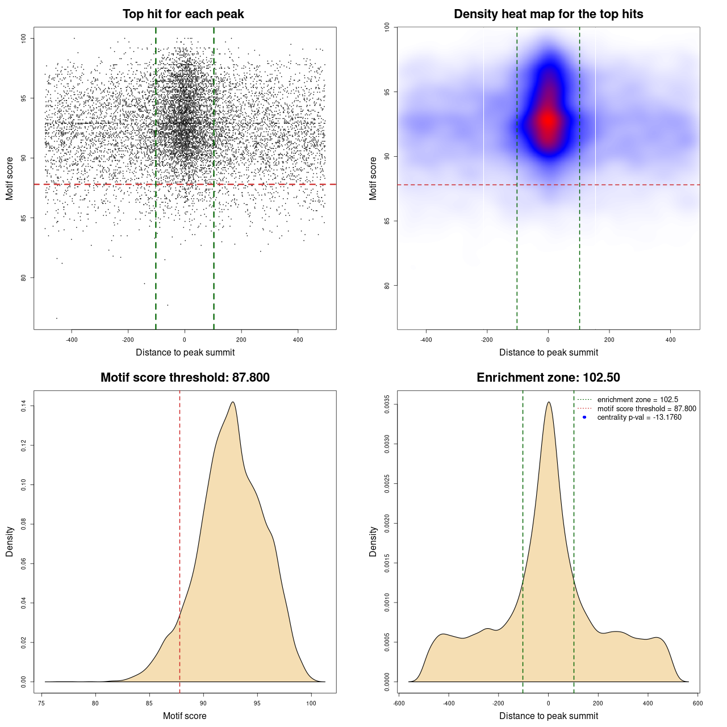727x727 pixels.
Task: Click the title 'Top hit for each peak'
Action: point(183,14)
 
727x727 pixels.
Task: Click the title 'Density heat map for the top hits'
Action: point(548,14)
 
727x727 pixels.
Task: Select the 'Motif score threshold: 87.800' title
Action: point(185,378)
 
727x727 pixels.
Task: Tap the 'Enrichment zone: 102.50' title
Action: point(548,378)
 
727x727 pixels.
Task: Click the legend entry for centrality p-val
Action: point(639,417)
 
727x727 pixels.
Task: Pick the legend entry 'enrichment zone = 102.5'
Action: point(637,400)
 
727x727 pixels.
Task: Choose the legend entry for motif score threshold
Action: point(646,408)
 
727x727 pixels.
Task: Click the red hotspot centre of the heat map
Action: point(548,120)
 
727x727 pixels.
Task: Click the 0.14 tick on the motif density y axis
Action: point(24,406)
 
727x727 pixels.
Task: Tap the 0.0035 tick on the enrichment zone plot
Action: point(387,404)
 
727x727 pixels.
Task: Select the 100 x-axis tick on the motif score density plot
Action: point(311,703)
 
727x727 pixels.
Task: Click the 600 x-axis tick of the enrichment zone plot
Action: point(698,703)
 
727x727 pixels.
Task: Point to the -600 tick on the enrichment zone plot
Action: point(399,703)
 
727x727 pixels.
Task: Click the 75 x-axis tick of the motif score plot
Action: point(42,703)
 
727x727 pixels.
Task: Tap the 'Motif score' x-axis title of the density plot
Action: point(185,716)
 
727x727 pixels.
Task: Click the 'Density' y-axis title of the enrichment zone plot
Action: point(373,541)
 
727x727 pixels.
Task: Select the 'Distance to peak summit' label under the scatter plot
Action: point(185,352)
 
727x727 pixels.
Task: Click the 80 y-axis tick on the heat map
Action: point(387,285)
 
